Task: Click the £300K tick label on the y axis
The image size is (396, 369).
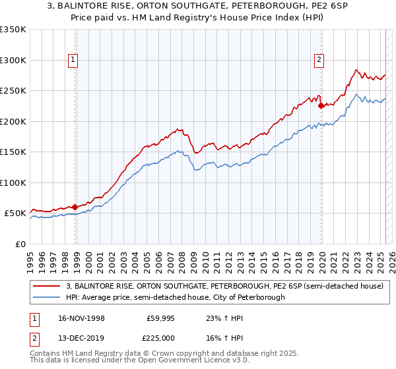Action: [x=13, y=60]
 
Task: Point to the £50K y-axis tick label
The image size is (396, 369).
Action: [x=16, y=213]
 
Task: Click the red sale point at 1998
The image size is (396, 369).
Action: [x=75, y=207]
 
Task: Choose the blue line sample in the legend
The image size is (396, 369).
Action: [x=46, y=297]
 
